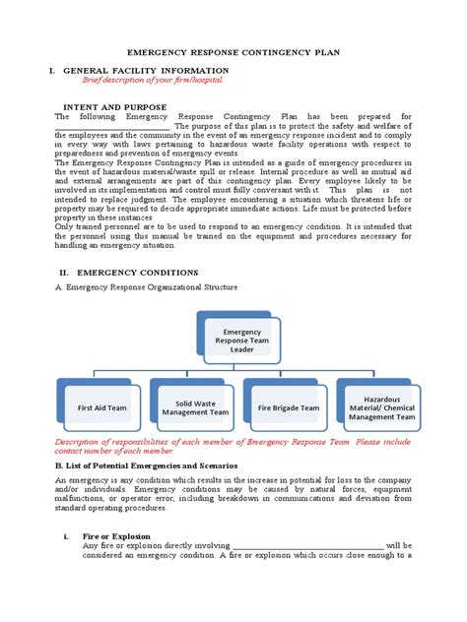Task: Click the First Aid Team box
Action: [101, 407]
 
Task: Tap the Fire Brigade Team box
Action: [289, 407]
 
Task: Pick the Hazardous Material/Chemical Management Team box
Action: [381, 407]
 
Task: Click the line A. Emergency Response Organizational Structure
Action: [146, 287]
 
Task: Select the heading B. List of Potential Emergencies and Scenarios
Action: [156, 463]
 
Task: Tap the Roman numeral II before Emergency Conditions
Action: [63, 272]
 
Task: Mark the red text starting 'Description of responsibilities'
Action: [233, 447]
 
